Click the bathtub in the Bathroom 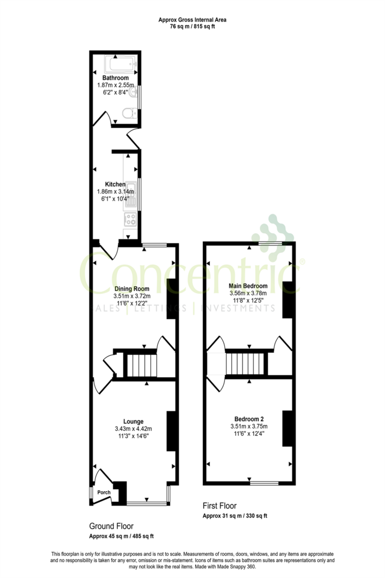pyautogui.click(x=121, y=64)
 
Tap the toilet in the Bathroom pyautogui.click(x=129, y=113)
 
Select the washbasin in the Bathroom pyautogui.click(x=134, y=91)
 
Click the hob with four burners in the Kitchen pyautogui.click(x=130, y=220)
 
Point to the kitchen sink pyautogui.click(x=131, y=195)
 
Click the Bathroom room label pyautogui.click(x=116, y=78)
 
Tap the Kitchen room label pyautogui.click(x=115, y=185)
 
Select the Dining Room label pyautogui.click(x=132, y=288)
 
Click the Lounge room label pyautogui.click(x=133, y=421)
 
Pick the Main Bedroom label pyautogui.click(x=248, y=286)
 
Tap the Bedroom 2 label pyautogui.click(x=249, y=419)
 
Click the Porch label pyautogui.click(x=104, y=492)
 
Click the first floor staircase pyautogui.click(x=245, y=364)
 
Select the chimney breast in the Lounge pyautogui.click(x=171, y=431)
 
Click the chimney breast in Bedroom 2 pyautogui.click(x=287, y=429)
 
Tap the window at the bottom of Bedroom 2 pyautogui.click(x=264, y=483)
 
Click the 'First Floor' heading pyautogui.click(x=220, y=506)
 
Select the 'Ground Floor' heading pyautogui.click(x=112, y=526)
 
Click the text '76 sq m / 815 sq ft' pyautogui.click(x=193, y=27)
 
